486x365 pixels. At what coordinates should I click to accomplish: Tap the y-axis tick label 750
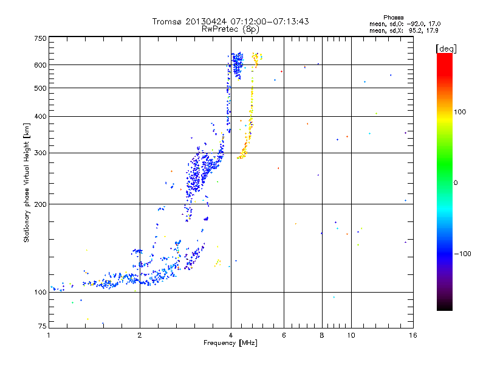39,38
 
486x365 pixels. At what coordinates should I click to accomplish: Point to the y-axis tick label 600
39,65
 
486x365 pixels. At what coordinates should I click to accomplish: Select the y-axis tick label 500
39,88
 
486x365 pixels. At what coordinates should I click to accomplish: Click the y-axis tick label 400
39,116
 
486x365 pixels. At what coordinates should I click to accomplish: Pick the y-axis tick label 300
39,153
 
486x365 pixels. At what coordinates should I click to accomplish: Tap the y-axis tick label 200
39,204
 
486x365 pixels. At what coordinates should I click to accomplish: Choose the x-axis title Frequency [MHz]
230,344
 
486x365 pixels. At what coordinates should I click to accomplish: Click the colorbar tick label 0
456,182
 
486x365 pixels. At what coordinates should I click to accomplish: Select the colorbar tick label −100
463,254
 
